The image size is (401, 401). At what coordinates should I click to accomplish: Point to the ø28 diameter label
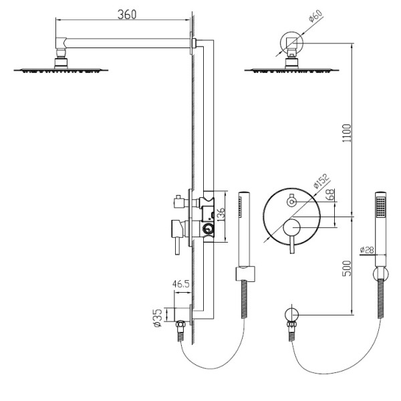click(x=367, y=250)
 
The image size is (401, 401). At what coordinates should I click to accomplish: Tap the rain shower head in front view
click(x=291, y=68)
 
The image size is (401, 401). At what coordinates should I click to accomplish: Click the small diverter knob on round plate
click(x=291, y=200)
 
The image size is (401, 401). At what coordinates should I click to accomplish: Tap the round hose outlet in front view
click(x=291, y=313)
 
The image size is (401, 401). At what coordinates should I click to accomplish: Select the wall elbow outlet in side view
click(x=180, y=314)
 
